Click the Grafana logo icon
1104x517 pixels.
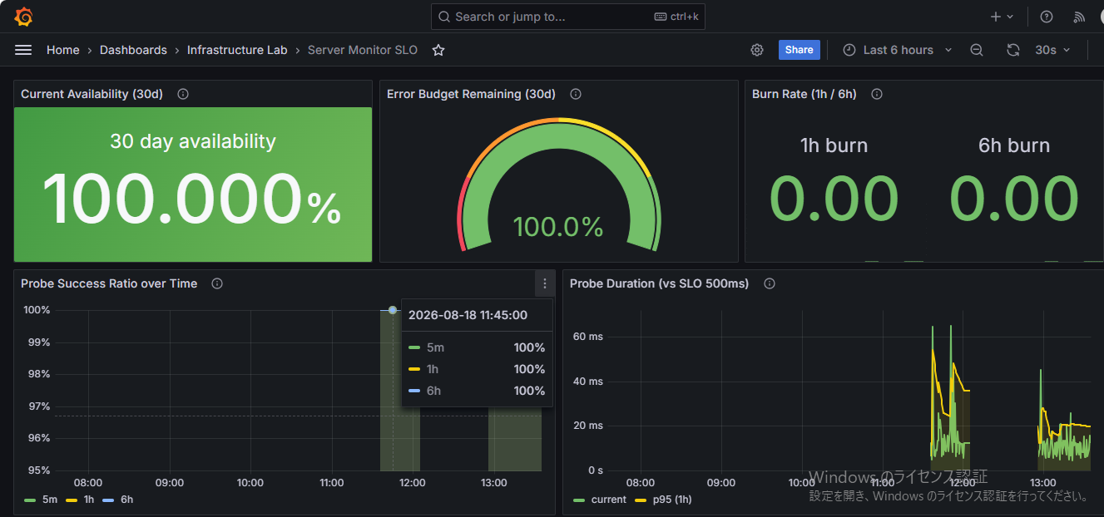(23, 17)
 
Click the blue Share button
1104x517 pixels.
(799, 50)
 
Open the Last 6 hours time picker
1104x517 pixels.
(898, 50)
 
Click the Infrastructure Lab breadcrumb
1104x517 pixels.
(237, 50)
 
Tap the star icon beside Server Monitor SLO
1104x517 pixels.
(438, 50)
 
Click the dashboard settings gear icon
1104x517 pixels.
(757, 50)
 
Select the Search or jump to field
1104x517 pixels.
(567, 17)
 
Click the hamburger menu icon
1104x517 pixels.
(23, 50)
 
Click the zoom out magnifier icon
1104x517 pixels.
(977, 50)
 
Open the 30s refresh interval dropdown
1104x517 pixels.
(1052, 50)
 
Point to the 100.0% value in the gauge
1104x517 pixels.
(557, 227)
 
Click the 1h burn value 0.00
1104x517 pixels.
(834, 199)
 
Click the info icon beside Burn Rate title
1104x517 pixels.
(877, 94)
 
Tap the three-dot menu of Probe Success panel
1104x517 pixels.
(545, 283)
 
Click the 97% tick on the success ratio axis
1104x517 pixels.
(39, 406)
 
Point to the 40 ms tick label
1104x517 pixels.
(588, 382)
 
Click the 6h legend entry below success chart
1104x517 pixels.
(118, 500)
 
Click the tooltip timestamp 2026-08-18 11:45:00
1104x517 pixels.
(468, 315)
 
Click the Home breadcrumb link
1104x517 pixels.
(62, 50)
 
